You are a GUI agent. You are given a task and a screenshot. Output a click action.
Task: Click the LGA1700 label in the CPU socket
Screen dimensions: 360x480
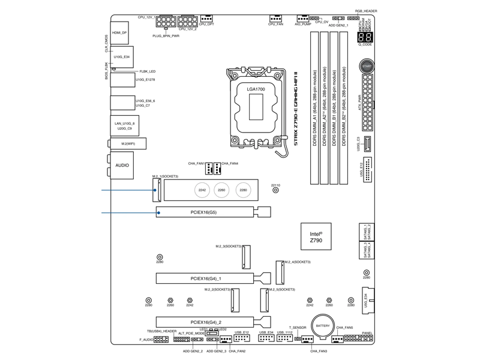pos(256,89)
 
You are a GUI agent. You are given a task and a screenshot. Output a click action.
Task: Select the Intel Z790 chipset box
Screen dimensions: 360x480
pos(316,236)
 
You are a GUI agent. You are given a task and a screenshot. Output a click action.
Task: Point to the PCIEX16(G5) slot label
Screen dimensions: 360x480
pos(204,211)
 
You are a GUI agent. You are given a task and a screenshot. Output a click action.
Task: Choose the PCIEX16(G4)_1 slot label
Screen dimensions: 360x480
pos(206,278)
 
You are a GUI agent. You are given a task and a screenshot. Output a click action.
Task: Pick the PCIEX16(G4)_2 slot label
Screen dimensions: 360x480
pos(206,322)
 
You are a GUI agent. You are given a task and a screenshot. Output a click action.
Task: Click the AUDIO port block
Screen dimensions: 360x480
pos(122,164)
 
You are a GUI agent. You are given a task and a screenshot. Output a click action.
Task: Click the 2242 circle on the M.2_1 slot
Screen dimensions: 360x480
pos(202,190)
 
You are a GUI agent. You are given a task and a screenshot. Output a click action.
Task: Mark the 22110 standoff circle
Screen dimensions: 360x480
pos(275,191)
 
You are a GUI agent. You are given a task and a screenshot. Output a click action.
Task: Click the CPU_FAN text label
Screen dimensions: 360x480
pos(276,25)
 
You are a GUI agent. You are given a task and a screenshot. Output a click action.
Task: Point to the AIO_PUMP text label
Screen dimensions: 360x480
pos(303,25)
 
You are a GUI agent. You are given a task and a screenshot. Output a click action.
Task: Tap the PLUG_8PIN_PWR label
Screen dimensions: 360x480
pos(166,36)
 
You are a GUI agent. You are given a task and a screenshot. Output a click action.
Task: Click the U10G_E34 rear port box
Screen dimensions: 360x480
pos(122,56)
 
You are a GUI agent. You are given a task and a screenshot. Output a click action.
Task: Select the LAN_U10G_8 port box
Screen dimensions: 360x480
pos(125,125)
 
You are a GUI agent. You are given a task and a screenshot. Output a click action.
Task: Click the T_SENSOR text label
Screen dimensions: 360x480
pos(298,328)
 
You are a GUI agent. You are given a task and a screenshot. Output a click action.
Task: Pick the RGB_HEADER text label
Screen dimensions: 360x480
pos(366,11)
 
